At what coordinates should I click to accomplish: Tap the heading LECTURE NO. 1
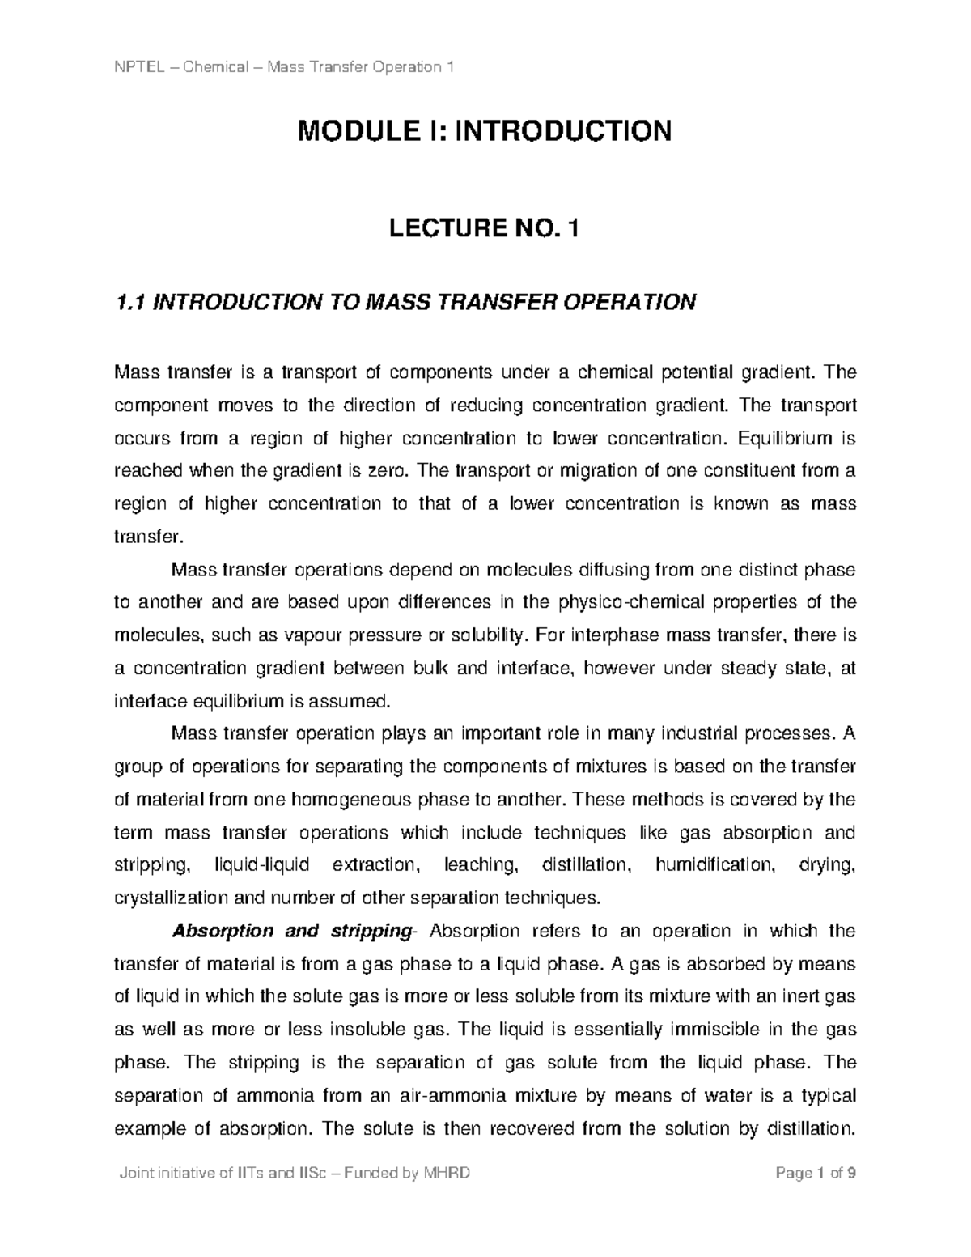(x=485, y=231)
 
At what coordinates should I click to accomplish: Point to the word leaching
(x=481, y=865)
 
